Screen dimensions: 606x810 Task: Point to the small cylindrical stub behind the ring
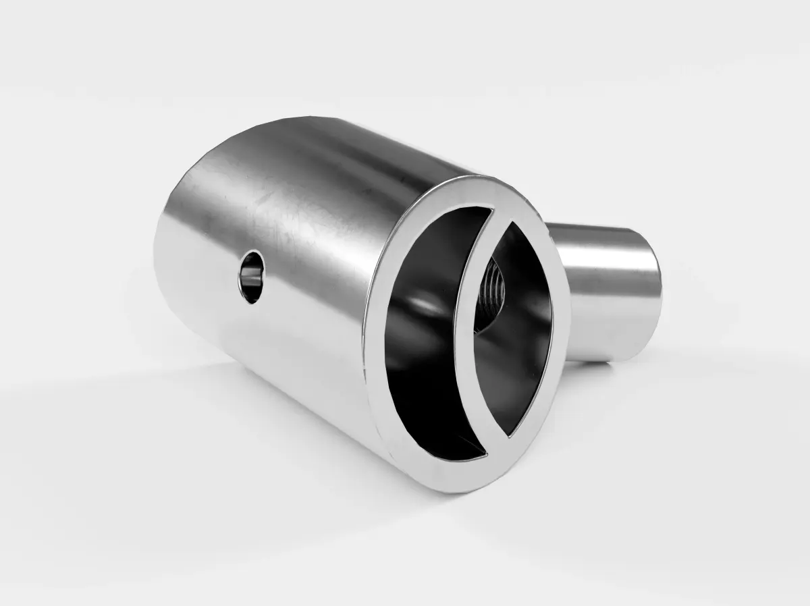click(x=607, y=290)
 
